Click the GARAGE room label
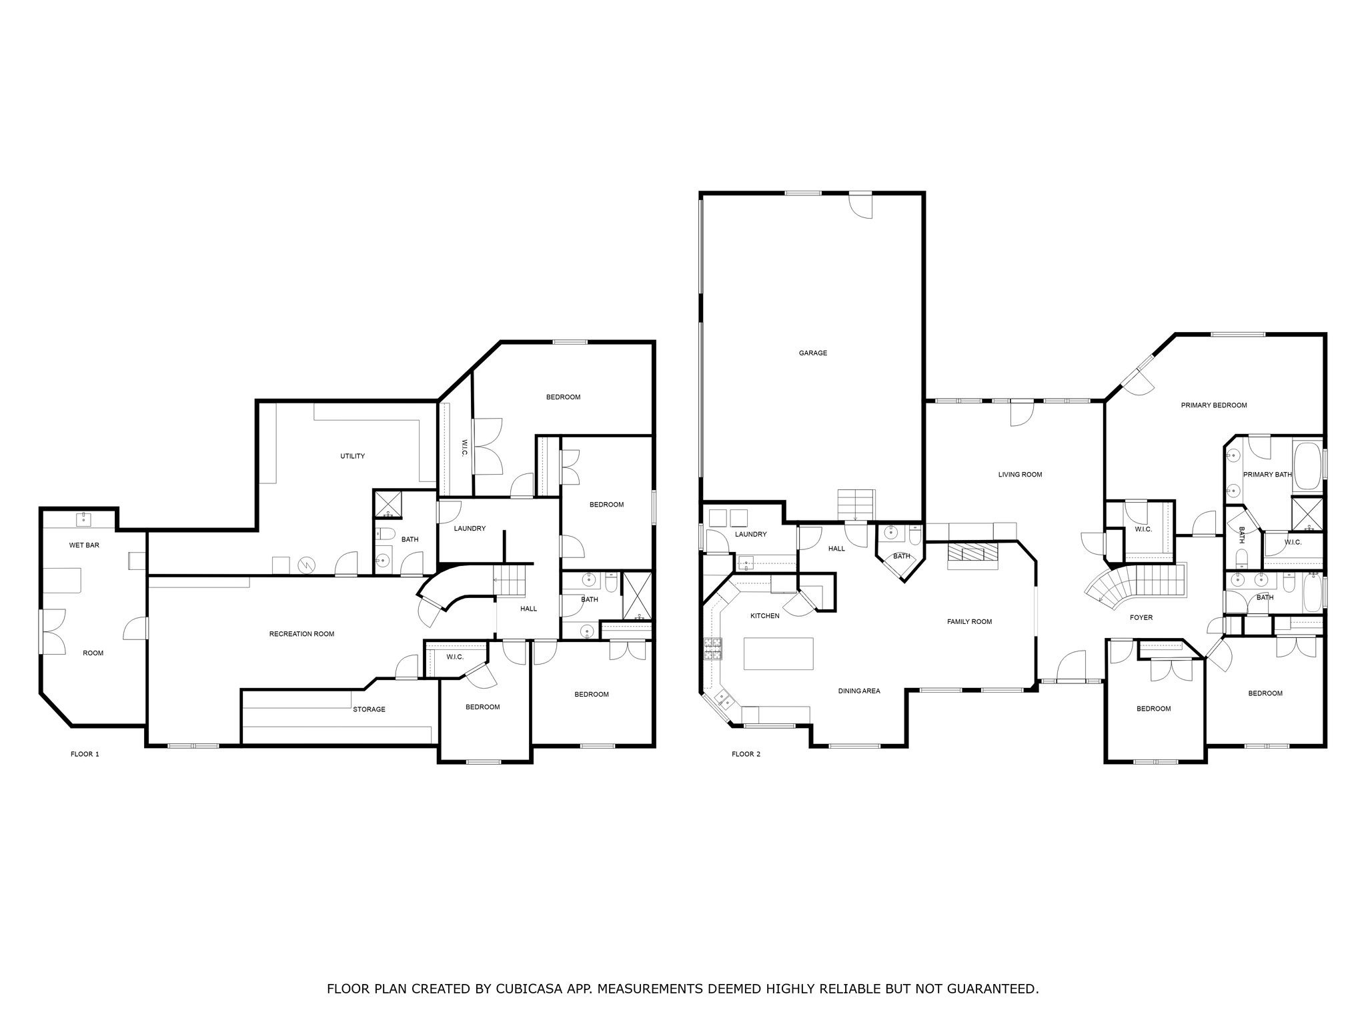click(812, 353)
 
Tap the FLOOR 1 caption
click(85, 754)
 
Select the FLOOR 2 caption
click(746, 754)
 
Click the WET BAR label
click(84, 545)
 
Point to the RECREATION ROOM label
click(301, 634)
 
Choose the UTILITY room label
click(352, 457)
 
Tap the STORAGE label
click(369, 709)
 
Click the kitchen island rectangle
click(778, 653)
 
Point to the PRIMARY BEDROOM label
click(1214, 405)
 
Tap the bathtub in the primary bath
click(1307, 466)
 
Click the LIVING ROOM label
click(1020, 475)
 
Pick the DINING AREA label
click(859, 691)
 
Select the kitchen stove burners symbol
click(713, 649)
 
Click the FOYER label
click(1141, 618)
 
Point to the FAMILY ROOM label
click(969, 622)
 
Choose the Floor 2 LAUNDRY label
click(750, 535)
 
